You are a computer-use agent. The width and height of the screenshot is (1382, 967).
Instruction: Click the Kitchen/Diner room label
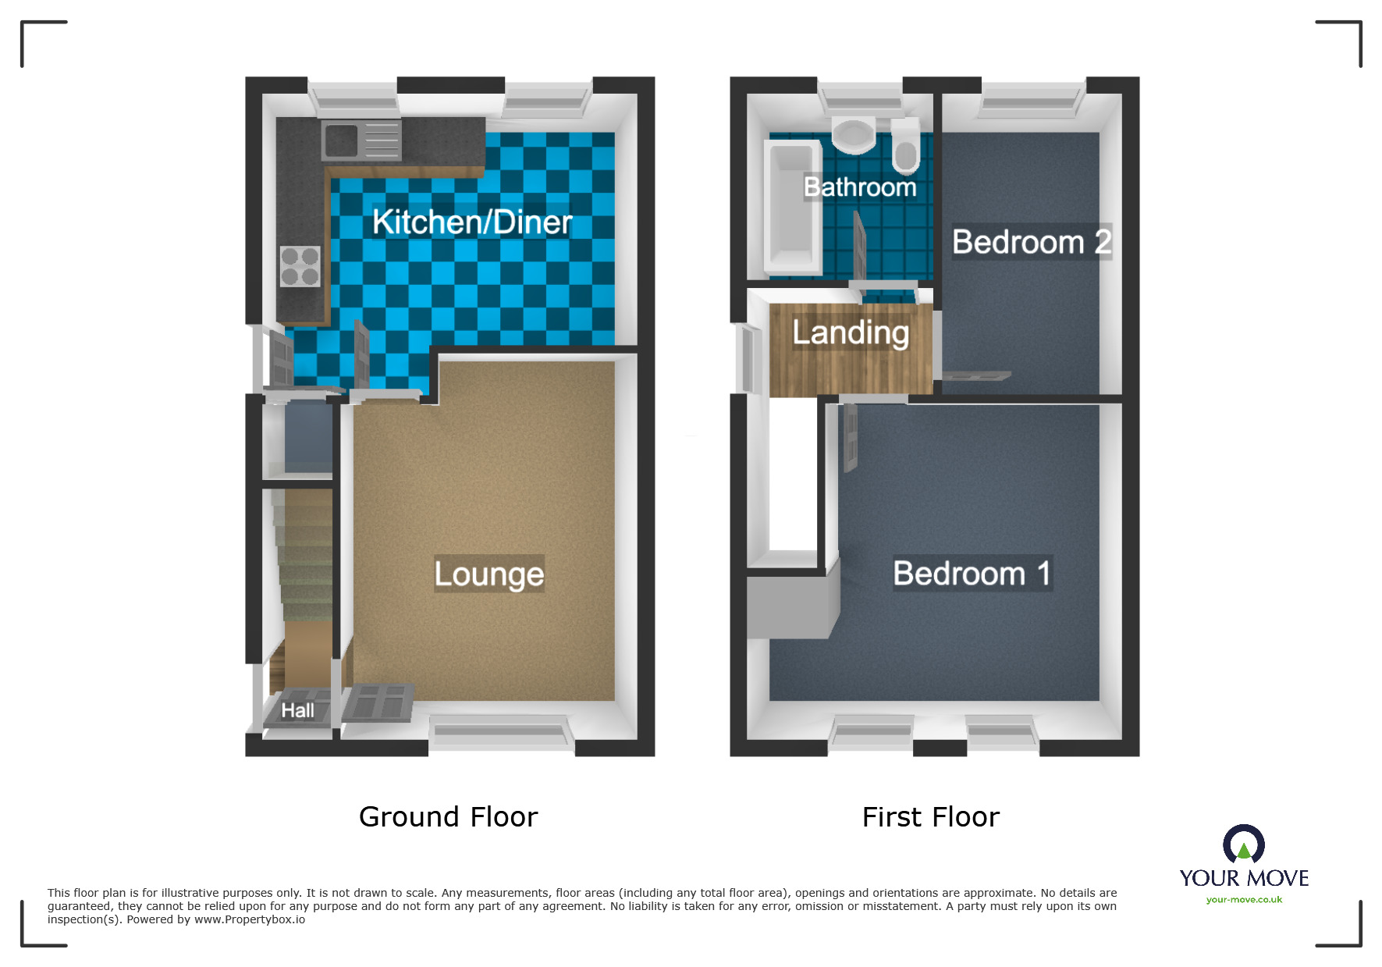472,222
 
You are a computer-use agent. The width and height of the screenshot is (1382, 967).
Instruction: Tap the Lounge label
488,574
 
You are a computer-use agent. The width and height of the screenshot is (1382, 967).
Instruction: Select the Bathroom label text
860,187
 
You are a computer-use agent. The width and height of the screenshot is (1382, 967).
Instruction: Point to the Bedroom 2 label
1031,242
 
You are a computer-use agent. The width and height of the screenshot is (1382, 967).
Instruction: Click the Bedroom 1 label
972,574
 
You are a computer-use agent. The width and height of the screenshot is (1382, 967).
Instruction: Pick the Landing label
851,333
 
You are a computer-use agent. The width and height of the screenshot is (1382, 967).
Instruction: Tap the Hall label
297,711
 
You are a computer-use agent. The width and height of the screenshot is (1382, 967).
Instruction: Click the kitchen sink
361,140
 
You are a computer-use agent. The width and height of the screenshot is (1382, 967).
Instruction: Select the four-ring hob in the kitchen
300,266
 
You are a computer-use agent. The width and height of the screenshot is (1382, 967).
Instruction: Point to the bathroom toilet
905,146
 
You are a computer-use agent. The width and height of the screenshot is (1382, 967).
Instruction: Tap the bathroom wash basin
854,135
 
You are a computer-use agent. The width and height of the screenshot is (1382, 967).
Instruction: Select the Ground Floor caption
448,817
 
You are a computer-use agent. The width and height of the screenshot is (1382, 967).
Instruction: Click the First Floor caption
930,817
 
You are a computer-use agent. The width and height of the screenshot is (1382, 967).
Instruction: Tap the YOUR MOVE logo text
1244,878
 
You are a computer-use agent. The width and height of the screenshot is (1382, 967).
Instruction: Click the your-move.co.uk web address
1244,900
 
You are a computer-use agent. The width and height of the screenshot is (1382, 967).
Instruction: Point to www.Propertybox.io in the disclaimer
250,919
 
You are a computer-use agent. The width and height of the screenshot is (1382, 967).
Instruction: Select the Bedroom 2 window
1032,99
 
